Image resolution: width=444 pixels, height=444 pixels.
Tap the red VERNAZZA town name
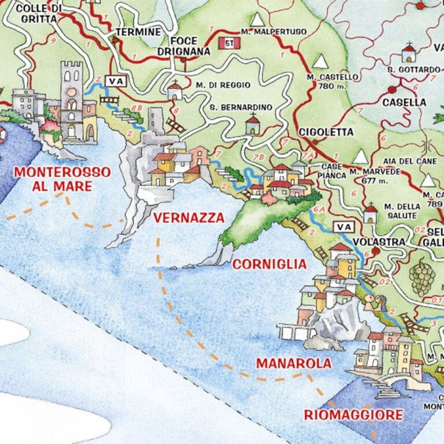click(188, 218)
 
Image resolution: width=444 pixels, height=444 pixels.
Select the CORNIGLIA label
click(269, 264)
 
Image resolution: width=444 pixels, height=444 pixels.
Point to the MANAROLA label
click(294, 364)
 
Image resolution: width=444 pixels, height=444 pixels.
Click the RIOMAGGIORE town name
click(353, 415)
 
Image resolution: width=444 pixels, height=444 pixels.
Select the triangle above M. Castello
click(320, 61)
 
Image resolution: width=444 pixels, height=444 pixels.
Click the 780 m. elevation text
click(331, 87)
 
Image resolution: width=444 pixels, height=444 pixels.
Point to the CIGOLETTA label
click(326, 132)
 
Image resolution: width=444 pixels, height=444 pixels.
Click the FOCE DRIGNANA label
click(183, 46)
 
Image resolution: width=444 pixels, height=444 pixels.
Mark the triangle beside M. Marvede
click(361, 157)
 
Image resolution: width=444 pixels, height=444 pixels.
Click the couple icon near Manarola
click(373, 301)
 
